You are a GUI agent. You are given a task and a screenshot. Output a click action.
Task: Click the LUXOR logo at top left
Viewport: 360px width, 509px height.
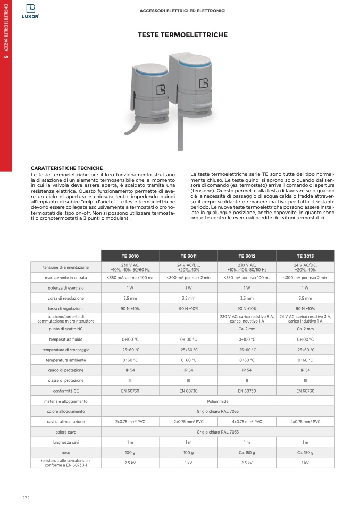point(30,11)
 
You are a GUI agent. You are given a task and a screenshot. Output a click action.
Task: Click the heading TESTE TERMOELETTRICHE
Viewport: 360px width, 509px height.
point(182,35)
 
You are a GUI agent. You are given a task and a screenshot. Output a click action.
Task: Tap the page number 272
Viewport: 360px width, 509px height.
point(26,498)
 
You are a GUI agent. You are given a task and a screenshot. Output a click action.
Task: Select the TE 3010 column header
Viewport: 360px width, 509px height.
point(130,256)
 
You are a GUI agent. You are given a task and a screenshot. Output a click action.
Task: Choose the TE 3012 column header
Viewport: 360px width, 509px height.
point(247,256)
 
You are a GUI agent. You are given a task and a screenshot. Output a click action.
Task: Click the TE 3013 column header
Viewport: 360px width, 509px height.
point(305,256)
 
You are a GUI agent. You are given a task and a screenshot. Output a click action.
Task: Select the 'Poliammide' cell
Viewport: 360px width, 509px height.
point(217,401)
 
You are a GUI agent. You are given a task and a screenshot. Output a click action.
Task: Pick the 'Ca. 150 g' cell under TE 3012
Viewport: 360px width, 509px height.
point(247,452)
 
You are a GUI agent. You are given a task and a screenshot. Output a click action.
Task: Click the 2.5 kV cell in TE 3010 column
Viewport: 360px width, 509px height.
point(130,463)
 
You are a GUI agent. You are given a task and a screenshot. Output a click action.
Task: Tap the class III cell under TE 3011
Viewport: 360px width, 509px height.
point(188,380)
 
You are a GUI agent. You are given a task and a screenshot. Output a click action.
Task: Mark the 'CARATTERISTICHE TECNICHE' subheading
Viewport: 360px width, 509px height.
point(66,168)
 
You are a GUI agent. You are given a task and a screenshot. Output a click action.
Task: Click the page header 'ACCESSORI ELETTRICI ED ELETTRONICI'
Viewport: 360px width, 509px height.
point(182,10)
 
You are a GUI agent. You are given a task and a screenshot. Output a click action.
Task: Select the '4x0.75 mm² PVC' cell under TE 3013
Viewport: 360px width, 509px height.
point(305,421)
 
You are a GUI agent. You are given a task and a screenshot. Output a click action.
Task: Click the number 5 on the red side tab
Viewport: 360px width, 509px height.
point(6,57)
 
